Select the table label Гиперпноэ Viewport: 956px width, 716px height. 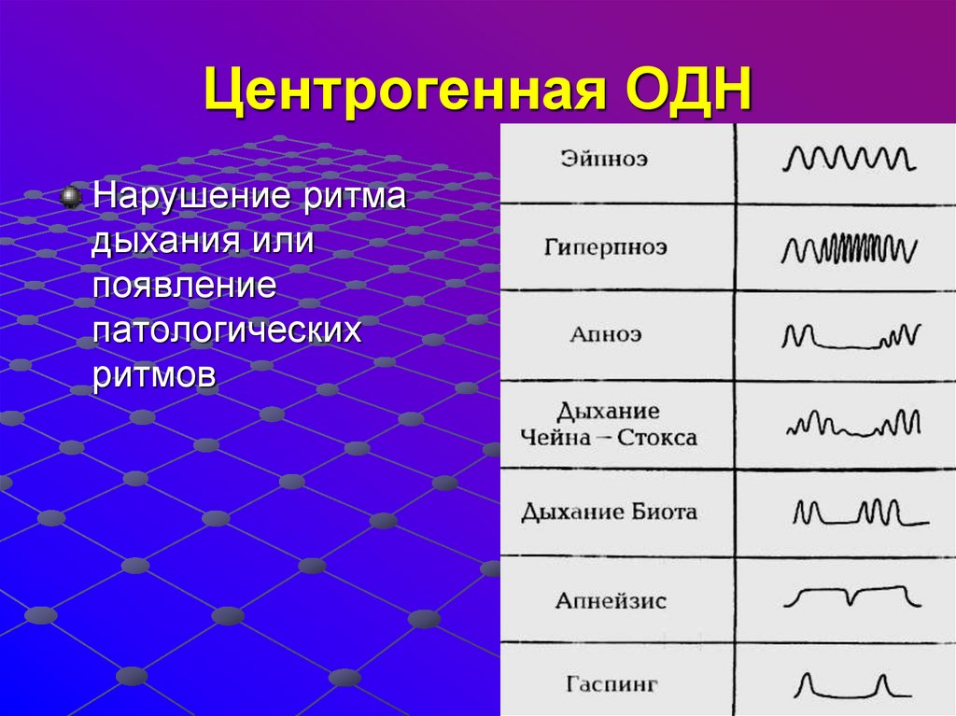[x=605, y=248]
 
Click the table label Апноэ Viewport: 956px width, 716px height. [x=606, y=334]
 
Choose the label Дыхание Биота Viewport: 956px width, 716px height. [x=609, y=512]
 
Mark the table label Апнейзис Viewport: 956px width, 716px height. [x=611, y=600]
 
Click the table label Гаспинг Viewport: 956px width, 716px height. [x=612, y=684]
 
